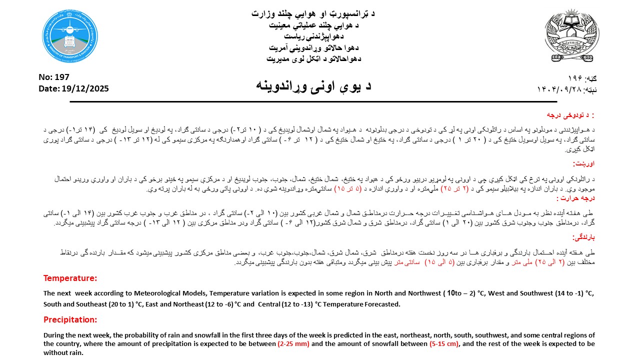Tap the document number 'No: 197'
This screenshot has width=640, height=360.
click(x=54, y=77)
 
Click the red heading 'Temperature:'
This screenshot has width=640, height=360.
click(x=70, y=278)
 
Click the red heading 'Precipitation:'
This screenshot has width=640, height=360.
click(x=70, y=319)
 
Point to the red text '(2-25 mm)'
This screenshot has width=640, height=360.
click(x=293, y=343)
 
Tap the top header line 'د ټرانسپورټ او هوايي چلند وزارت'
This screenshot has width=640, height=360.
click(x=313, y=13)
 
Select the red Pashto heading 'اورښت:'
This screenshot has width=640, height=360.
click(x=583, y=163)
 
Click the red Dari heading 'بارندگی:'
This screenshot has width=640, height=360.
click(x=583, y=237)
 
